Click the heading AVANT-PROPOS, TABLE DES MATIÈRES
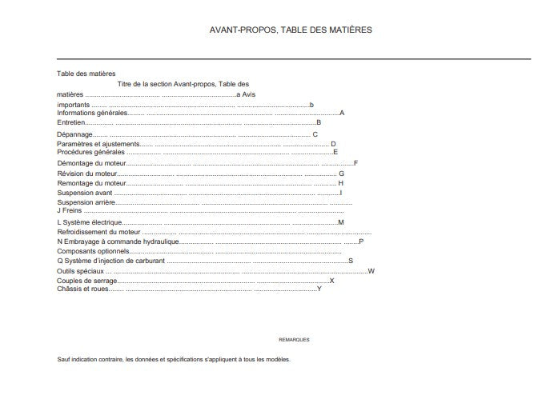(290, 30)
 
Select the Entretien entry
(70, 122)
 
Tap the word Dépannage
(74, 134)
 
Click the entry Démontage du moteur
(88, 163)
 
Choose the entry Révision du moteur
(86, 173)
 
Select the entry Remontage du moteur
(91, 183)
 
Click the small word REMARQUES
(294, 340)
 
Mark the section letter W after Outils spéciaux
(371, 271)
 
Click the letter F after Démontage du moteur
(355, 163)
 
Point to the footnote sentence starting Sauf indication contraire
(174, 359)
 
